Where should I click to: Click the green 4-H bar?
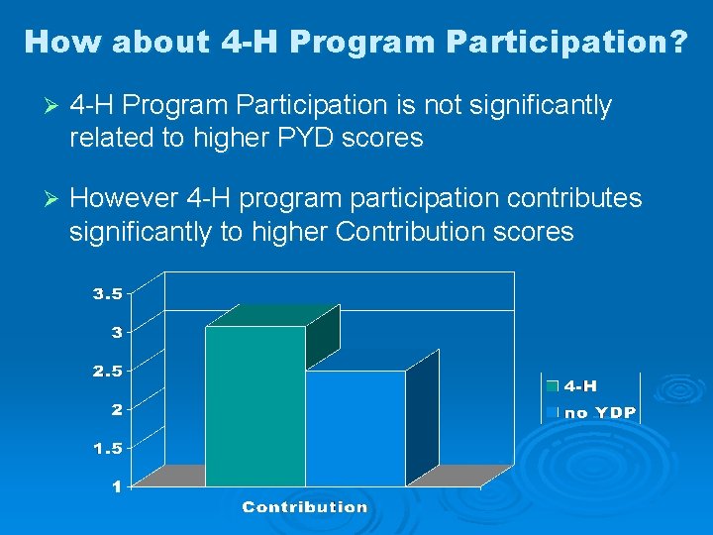(255, 406)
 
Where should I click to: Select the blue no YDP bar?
(356, 428)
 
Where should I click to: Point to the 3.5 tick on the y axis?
(108, 293)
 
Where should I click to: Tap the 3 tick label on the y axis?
(117, 332)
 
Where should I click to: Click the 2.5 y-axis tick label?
(108, 371)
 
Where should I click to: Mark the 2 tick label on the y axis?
(117, 409)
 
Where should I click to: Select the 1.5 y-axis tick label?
(108, 448)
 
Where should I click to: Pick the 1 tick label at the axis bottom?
(117, 485)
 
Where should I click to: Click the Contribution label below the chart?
(305, 507)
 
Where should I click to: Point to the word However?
(123, 199)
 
